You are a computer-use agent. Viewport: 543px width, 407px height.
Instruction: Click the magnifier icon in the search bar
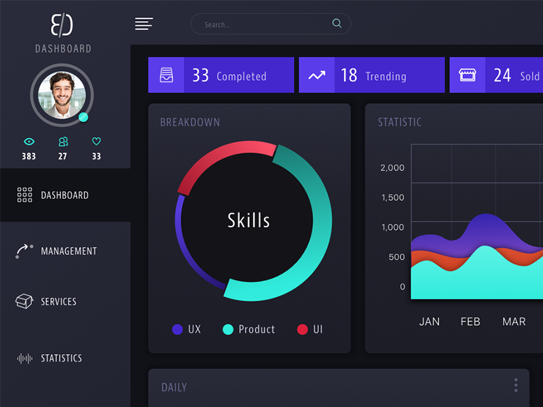337,24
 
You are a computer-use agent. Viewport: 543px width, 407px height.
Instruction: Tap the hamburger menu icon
143,24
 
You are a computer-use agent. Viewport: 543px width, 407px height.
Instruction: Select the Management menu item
68,251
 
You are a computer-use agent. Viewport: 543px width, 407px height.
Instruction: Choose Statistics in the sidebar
61,358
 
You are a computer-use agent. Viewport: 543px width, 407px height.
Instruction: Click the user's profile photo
61,95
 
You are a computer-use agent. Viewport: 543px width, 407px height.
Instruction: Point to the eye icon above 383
29,142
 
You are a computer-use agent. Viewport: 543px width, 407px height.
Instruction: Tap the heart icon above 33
96,142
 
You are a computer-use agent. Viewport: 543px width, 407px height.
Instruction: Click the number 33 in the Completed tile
200,75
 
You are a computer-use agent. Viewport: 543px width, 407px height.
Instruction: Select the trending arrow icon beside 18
316,75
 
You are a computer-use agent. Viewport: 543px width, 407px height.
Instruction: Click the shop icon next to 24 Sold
467,75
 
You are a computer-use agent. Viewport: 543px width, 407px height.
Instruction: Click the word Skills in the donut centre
248,220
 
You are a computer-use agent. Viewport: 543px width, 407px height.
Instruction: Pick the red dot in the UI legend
303,330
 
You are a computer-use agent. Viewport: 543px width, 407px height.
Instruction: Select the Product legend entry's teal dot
228,330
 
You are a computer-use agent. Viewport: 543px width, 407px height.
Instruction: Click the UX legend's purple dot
178,330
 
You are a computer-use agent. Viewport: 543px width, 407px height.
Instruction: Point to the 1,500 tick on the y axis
392,197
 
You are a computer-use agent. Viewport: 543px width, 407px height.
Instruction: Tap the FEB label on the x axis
470,322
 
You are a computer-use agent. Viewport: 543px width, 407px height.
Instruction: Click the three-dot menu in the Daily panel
516,385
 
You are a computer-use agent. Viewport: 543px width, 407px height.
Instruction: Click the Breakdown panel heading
190,123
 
